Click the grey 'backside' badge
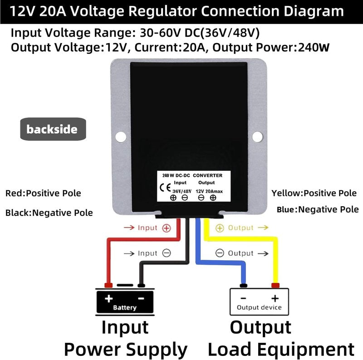[53, 129]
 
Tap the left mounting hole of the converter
[121, 137]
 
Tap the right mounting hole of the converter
[257, 136]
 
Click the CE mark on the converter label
[165, 188]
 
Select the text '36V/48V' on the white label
[182, 191]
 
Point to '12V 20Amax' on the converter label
[209, 191]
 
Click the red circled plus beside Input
[167, 228]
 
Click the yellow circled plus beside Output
[220, 228]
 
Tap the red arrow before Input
[129, 228]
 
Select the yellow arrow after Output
[263, 228]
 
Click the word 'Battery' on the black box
[125, 307]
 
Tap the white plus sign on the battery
[108, 298]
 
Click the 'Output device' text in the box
[259, 307]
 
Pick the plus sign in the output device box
[275, 298]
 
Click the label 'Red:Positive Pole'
[43, 193]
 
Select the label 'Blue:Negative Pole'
[318, 209]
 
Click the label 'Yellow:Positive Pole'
[314, 193]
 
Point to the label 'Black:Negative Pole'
[49, 213]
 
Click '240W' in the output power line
[314, 47]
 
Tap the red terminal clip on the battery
[108, 285]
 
